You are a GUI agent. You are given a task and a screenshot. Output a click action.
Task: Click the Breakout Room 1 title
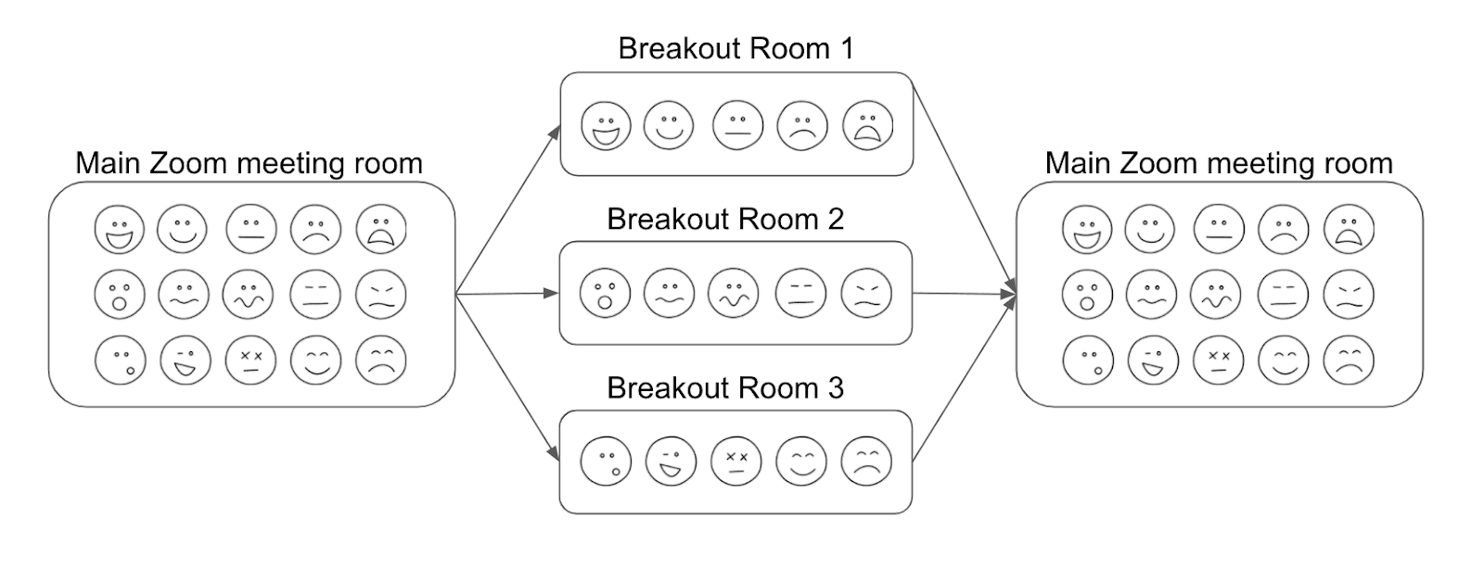[736, 48]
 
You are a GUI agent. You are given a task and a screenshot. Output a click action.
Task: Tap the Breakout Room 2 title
[725, 219]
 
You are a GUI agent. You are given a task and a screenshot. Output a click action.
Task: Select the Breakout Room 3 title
[725, 387]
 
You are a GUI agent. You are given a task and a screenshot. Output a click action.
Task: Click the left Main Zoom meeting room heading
[249, 163]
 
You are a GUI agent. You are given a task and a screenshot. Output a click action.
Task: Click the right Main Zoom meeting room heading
[1219, 163]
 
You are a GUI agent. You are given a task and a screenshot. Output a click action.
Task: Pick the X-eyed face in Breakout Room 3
[736, 461]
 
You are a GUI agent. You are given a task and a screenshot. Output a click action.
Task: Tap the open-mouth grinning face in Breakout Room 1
[606, 126]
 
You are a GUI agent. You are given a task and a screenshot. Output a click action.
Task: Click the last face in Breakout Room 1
[867, 125]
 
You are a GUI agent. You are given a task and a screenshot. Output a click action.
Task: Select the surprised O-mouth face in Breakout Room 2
[605, 294]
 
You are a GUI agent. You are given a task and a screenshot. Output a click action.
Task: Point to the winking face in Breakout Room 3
[671, 461]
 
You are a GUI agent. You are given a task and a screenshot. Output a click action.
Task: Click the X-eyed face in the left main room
[250, 360]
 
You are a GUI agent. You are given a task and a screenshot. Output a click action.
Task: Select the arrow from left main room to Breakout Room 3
[508, 377]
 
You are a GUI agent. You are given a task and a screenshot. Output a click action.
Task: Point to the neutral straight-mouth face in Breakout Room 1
[737, 125]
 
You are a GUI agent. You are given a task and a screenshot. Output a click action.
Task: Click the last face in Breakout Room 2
[866, 294]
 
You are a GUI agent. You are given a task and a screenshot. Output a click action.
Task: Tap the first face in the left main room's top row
[120, 229]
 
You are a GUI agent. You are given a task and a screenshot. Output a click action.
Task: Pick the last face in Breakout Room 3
[866, 461]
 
